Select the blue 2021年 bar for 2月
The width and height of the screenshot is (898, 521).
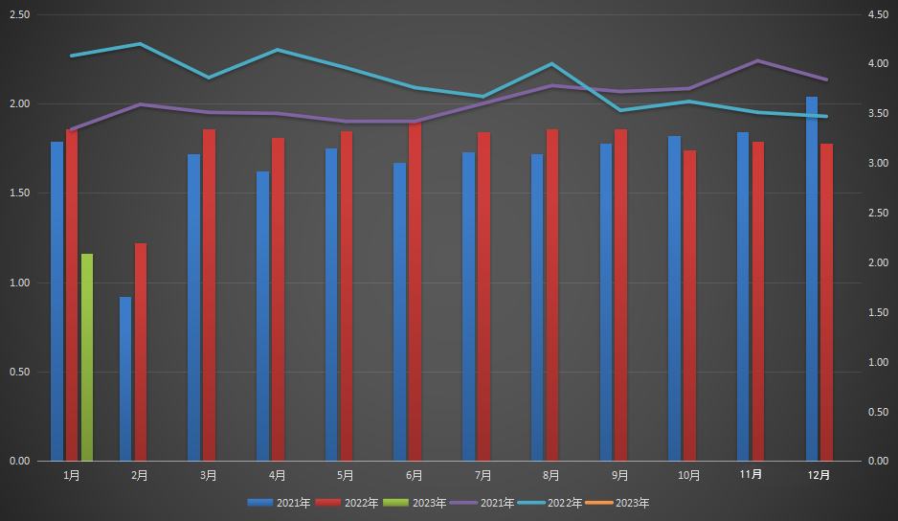coord(125,378)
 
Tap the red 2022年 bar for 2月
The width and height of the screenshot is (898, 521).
coord(141,351)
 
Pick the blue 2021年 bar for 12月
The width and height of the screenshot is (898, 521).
coord(812,278)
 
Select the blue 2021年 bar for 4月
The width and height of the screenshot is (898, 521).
coord(262,316)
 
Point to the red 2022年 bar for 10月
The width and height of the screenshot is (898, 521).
coord(689,305)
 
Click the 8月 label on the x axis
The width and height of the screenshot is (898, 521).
coord(551,474)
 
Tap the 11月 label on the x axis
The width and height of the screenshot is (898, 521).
coord(752,474)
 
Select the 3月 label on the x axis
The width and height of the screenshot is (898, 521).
coord(209,474)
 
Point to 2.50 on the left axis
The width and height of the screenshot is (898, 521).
coord(18,15)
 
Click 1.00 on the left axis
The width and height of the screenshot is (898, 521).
coord(18,283)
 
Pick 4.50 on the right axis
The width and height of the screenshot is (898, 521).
coord(877,15)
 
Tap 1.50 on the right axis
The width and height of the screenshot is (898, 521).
coord(877,312)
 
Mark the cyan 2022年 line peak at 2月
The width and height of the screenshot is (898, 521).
coord(140,44)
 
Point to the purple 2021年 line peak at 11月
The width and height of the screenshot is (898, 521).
coord(758,60)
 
